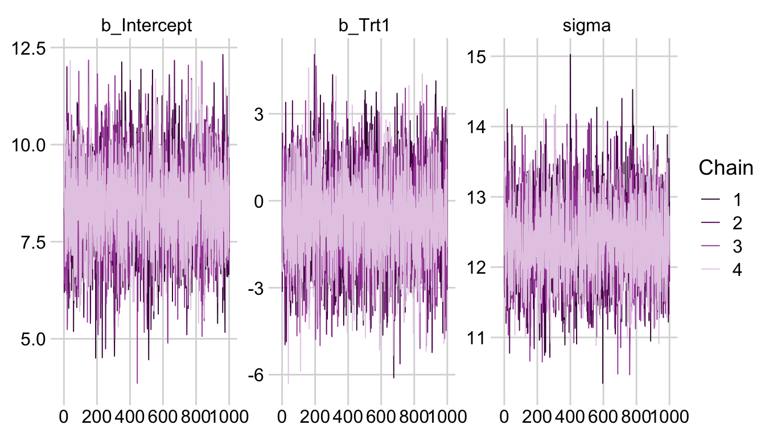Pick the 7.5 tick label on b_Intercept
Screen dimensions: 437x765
click(x=38, y=242)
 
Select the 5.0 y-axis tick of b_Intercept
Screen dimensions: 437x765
click(x=38, y=339)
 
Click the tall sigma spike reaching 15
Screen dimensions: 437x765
click(x=570, y=56)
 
